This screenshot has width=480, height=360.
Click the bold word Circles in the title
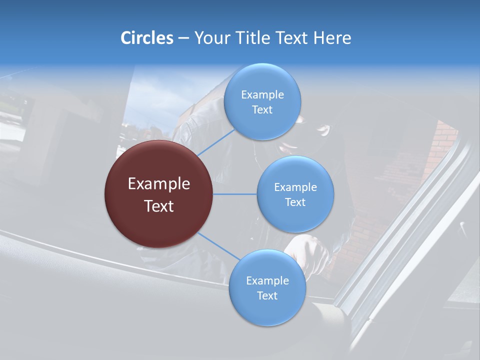146,38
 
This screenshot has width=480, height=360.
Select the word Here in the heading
332,38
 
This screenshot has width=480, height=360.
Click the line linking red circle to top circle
216,141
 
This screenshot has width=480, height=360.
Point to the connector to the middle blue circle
234,194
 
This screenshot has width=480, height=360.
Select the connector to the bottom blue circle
218,246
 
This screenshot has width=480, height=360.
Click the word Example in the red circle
158,184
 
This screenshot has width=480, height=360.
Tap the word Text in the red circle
158,206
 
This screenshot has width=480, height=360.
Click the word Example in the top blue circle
262,95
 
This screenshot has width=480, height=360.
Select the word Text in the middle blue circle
295,202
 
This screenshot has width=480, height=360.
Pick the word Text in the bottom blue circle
267,296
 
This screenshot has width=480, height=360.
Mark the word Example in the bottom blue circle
267,281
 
